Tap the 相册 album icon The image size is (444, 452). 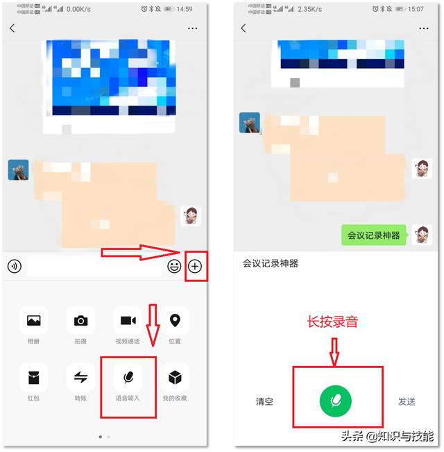(x=33, y=321)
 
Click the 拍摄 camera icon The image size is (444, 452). (x=80, y=321)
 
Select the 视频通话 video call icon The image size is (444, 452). (x=128, y=321)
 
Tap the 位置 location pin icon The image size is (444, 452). (x=175, y=321)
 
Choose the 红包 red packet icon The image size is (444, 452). (x=33, y=377)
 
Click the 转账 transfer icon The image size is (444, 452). (x=80, y=377)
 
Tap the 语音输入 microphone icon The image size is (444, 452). (x=128, y=377)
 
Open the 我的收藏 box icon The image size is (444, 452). (x=175, y=377)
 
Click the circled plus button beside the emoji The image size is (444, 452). (x=195, y=266)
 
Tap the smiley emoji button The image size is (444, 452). (x=174, y=266)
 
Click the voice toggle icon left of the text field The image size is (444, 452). (x=15, y=266)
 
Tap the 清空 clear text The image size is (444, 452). (x=264, y=401)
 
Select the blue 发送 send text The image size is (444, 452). (x=407, y=401)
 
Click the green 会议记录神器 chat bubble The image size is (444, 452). (x=374, y=235)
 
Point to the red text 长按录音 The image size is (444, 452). (x=332, y=322)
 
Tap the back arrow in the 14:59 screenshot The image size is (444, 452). (x=12, y=28)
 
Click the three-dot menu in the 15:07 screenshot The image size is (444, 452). (x=424, y=28)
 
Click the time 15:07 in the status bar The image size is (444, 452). (x=416, y=9)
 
